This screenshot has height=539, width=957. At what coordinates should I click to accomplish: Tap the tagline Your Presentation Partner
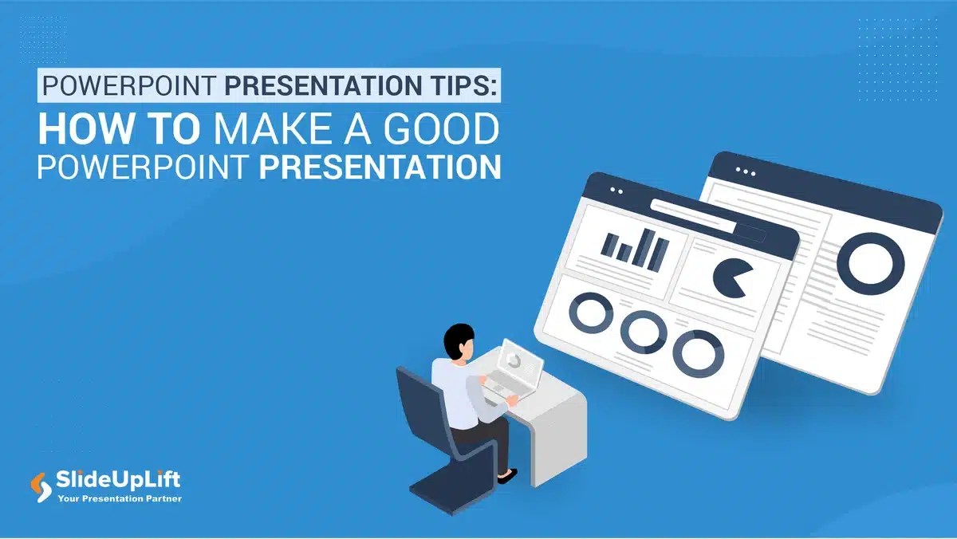pos(120,499)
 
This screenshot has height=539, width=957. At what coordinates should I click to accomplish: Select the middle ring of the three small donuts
pos(644,331)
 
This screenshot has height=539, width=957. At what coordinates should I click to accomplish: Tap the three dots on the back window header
pos(746,171)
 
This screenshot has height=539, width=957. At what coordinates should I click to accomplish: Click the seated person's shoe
pos(506,476)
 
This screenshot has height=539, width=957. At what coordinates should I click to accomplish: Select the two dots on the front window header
pos(616,191)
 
